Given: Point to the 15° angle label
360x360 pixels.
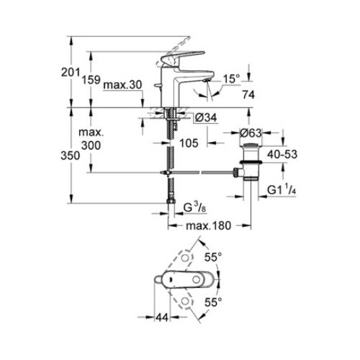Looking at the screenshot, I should (x=230, y=78).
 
